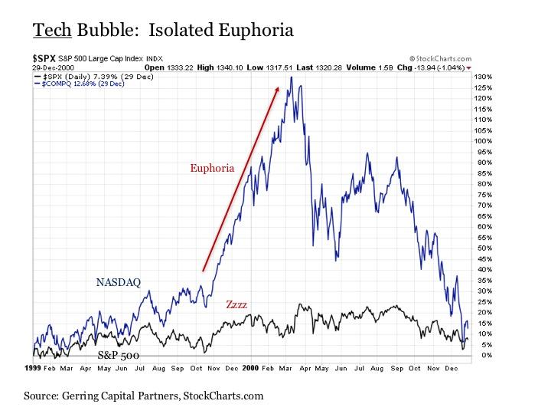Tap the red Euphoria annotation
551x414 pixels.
(x=211, y=167)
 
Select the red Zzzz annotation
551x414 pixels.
(x=236, y=304)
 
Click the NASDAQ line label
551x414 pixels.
(x=119, y=282)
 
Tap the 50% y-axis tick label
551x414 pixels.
(x=482, y=248)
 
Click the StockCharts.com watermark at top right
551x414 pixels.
(x=442, y=58)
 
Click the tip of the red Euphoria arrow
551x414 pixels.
(x=278, y=88)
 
